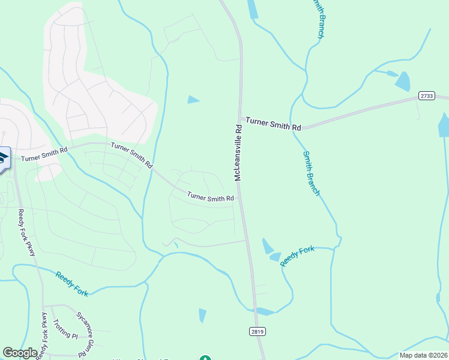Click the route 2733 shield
(x=426, y=95)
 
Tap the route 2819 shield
(x=256, y=331)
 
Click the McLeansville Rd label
(x=238, y=153)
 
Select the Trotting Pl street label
(x=65, y=328)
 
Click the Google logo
(x=20, y=353)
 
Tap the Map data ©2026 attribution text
(x=423, y=355)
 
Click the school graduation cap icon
(x=3, y=158)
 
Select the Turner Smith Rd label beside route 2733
(x=273, y=127)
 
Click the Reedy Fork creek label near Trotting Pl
(x=72, y=284)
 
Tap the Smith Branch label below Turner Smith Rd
(x=312, y=173)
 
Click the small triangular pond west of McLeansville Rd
(x=193, y=100)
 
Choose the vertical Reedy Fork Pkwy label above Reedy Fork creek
(x=27, y=232)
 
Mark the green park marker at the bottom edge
(x=205, y=358)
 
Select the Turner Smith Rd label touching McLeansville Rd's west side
(x=210, y=197)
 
